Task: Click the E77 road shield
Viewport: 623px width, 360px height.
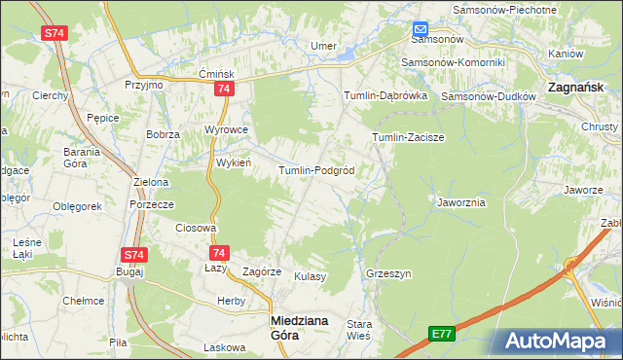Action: (443, 334)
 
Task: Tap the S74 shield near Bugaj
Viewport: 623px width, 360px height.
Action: (134, 255)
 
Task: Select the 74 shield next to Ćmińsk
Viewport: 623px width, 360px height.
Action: (225, 89)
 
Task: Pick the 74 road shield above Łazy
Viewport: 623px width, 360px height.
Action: (219, 252)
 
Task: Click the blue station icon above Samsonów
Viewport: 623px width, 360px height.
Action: (421, 29)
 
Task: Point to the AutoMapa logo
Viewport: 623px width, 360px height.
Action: (561, 342)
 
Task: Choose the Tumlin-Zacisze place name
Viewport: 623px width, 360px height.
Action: (408, 137)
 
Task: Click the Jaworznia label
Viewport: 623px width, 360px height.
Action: (461, 202)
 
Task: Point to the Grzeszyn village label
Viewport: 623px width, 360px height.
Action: (388, 273)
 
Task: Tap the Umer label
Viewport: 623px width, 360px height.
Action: (322, 46)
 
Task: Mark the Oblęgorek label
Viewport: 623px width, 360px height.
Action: (78, 206)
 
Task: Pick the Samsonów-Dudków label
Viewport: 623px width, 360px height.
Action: (489, 97)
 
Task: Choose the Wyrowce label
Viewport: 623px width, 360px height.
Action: (226, 129)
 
